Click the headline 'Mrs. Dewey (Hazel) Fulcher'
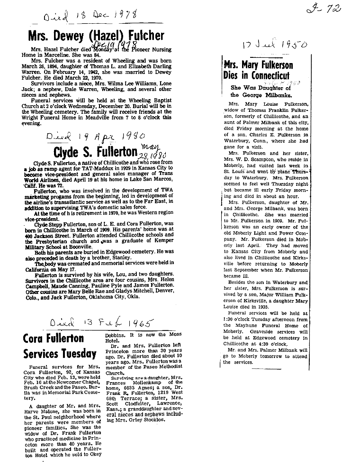pos(96,36)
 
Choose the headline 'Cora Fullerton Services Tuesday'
pos(60,346)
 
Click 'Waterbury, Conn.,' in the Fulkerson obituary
pos(248,141)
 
